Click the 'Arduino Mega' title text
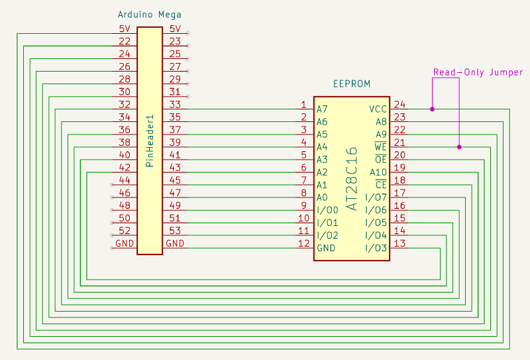pyautogui.click(x=149, y=15)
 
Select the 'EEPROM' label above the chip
pyautogui.click(x=351, y=84)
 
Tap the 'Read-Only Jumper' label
pyautogui.click(x=478, y=72)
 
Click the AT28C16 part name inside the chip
pyautogui.click(x=352, y=179)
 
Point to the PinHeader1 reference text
pyautogui.click(x=150, y=141)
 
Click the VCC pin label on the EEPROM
pyautogui.click(x=378, y=109)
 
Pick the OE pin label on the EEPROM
pyautogui.click(x=380, y=159)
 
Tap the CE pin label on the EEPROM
pyautogui.click(x=380, y=184)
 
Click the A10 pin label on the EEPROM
pyautogui.click(x=378, y=172)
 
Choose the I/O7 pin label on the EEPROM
pyautogui.click(x=376, y=198)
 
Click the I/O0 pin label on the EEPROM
pyautogui.click(x=327, y=210)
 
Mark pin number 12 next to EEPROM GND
pyautogui.click(x=303, y=243)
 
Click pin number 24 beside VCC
pyautogui.click(x=399, y=104)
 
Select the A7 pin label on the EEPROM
pyautogui.click(x=322, y=109)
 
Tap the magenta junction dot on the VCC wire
pyautogui.click(x=432, y=109)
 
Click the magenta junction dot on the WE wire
pyautogui.click(x=459, y=147)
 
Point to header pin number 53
pyautogui.click(x=175, y=230)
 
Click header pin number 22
pyautogui.click(x=124, y=41)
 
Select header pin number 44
pyautogui.click(x=124, y=180)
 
